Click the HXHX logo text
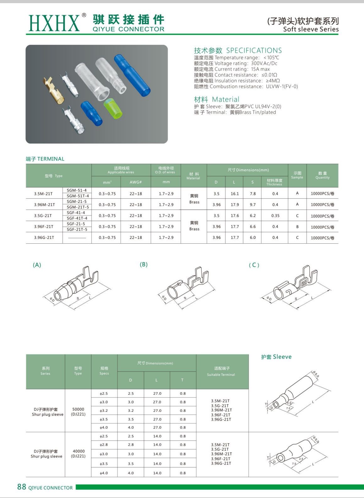pyautogui.click(x=54, y=23)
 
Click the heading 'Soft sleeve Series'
pyautogui.click(x=311, y=30)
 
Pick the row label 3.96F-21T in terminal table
pyautogui.click(x=44, y=227)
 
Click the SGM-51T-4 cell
pyautogui.click(x=78, y=196)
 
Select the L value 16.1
pyautogui.click(x=235, y=194)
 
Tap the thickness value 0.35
pyautogui.click(x=275, y=216)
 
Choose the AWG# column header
pyautogui.click(x=136, y=182)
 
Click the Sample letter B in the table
pyautogui.click(x=297, y=227)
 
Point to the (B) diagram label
pyautogui.click(x=144, y=264)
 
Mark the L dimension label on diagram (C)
pyautogui.click(x=312, y=298)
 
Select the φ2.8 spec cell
pyautogui.click(x=104, y=445)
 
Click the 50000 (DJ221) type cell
pyautogui.click(x=78, y=411)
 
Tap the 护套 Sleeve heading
pyautogui.click(x=276, y=357)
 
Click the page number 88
pyautogui.click(x=22, y=487)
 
